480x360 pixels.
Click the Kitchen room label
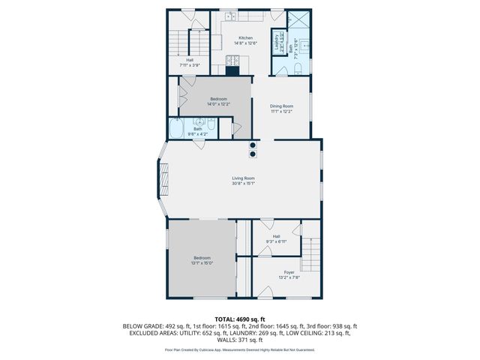click(x=245, y=37)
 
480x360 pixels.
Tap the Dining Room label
click(x=281, y=106)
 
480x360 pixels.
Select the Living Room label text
click(x=243, y=178)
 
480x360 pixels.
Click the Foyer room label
click(x=289, y=271)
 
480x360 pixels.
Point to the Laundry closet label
click(x=276, y=40)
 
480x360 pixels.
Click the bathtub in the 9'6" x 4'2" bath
click(x=177, y=129)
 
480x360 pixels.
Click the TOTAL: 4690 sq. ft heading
click(x=240, y=319)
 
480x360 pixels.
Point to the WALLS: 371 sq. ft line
click(x=240, y=339)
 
